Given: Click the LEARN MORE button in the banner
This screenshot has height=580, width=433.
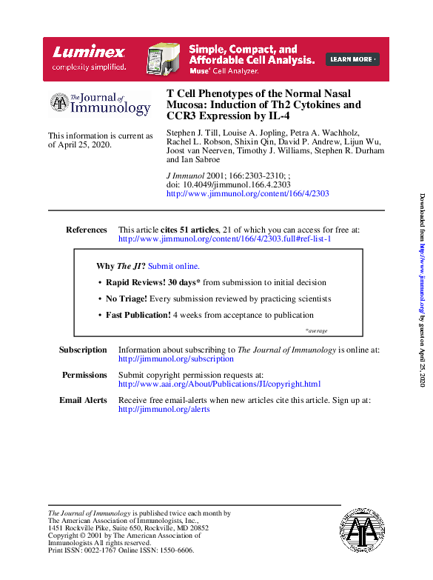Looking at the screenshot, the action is [353, 59].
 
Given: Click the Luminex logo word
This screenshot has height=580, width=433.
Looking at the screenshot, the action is [89, 53].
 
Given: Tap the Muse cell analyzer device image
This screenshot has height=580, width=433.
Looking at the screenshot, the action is [164, 59].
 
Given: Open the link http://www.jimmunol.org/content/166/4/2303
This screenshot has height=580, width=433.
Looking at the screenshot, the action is [248, 193].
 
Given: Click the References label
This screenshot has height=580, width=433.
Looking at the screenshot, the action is [87, 230].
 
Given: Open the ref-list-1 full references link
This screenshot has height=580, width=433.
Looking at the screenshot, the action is [225, 239].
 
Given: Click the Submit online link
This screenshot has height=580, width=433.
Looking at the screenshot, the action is [174, 266].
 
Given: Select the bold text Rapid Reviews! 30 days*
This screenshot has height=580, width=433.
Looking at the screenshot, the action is [153, 282].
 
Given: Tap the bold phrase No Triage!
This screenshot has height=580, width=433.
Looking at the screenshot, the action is [127, 299].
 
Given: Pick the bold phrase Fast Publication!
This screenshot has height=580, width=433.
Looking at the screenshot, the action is [138, 315].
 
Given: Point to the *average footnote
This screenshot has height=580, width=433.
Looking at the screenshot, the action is [316, 330].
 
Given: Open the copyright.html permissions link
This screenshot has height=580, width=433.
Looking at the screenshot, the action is [219, 384].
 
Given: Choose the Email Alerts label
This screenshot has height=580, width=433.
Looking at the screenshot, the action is [83, 400].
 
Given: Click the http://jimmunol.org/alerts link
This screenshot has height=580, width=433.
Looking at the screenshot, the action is [164, 410].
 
